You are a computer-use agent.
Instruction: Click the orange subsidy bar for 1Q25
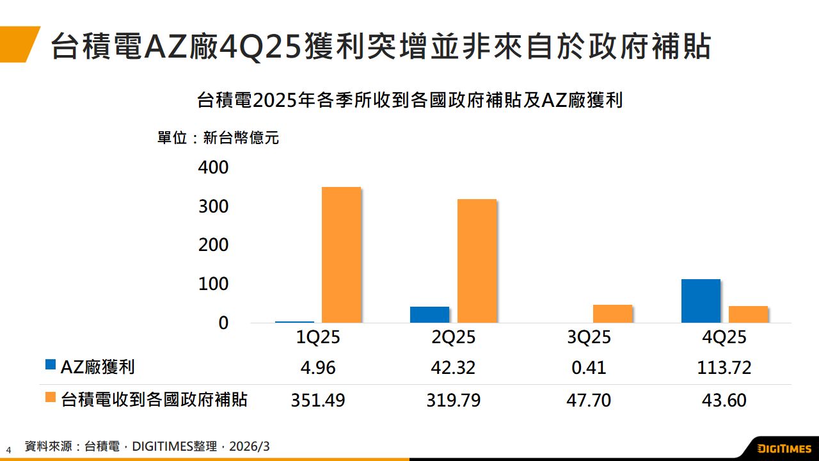tap(341, 254)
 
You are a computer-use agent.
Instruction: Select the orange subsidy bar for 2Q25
tap(477, 261)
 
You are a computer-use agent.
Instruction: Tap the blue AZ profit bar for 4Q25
tap(701, 301)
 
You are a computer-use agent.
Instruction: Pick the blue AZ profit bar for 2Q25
tap(429, 314)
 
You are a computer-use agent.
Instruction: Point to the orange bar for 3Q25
tap(612, 314)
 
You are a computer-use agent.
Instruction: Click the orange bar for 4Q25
tap(748, 314)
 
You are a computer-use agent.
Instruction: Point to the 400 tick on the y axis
tap(213, 168)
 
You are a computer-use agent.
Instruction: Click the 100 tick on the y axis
tap(213, 284)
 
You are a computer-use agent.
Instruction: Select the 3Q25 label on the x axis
tap(589, 337)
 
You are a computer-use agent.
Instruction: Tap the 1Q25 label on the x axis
tap(318, 337)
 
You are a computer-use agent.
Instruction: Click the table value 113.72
tap(724, 368)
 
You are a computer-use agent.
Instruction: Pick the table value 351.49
tap(318, 401)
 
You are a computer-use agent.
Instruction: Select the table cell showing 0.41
tap(589, 368)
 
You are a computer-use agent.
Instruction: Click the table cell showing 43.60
tap(724, 401)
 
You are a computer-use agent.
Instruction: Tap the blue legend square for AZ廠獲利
tap(51, 365)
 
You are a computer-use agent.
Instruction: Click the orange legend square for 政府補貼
tap(51, 398)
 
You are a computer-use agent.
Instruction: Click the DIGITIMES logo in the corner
tap(783, 448)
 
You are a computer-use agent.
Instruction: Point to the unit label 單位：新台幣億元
tap(218, 138)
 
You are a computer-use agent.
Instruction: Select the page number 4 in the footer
tap(9, 449)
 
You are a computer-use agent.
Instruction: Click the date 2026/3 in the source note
tap(250, 446)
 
